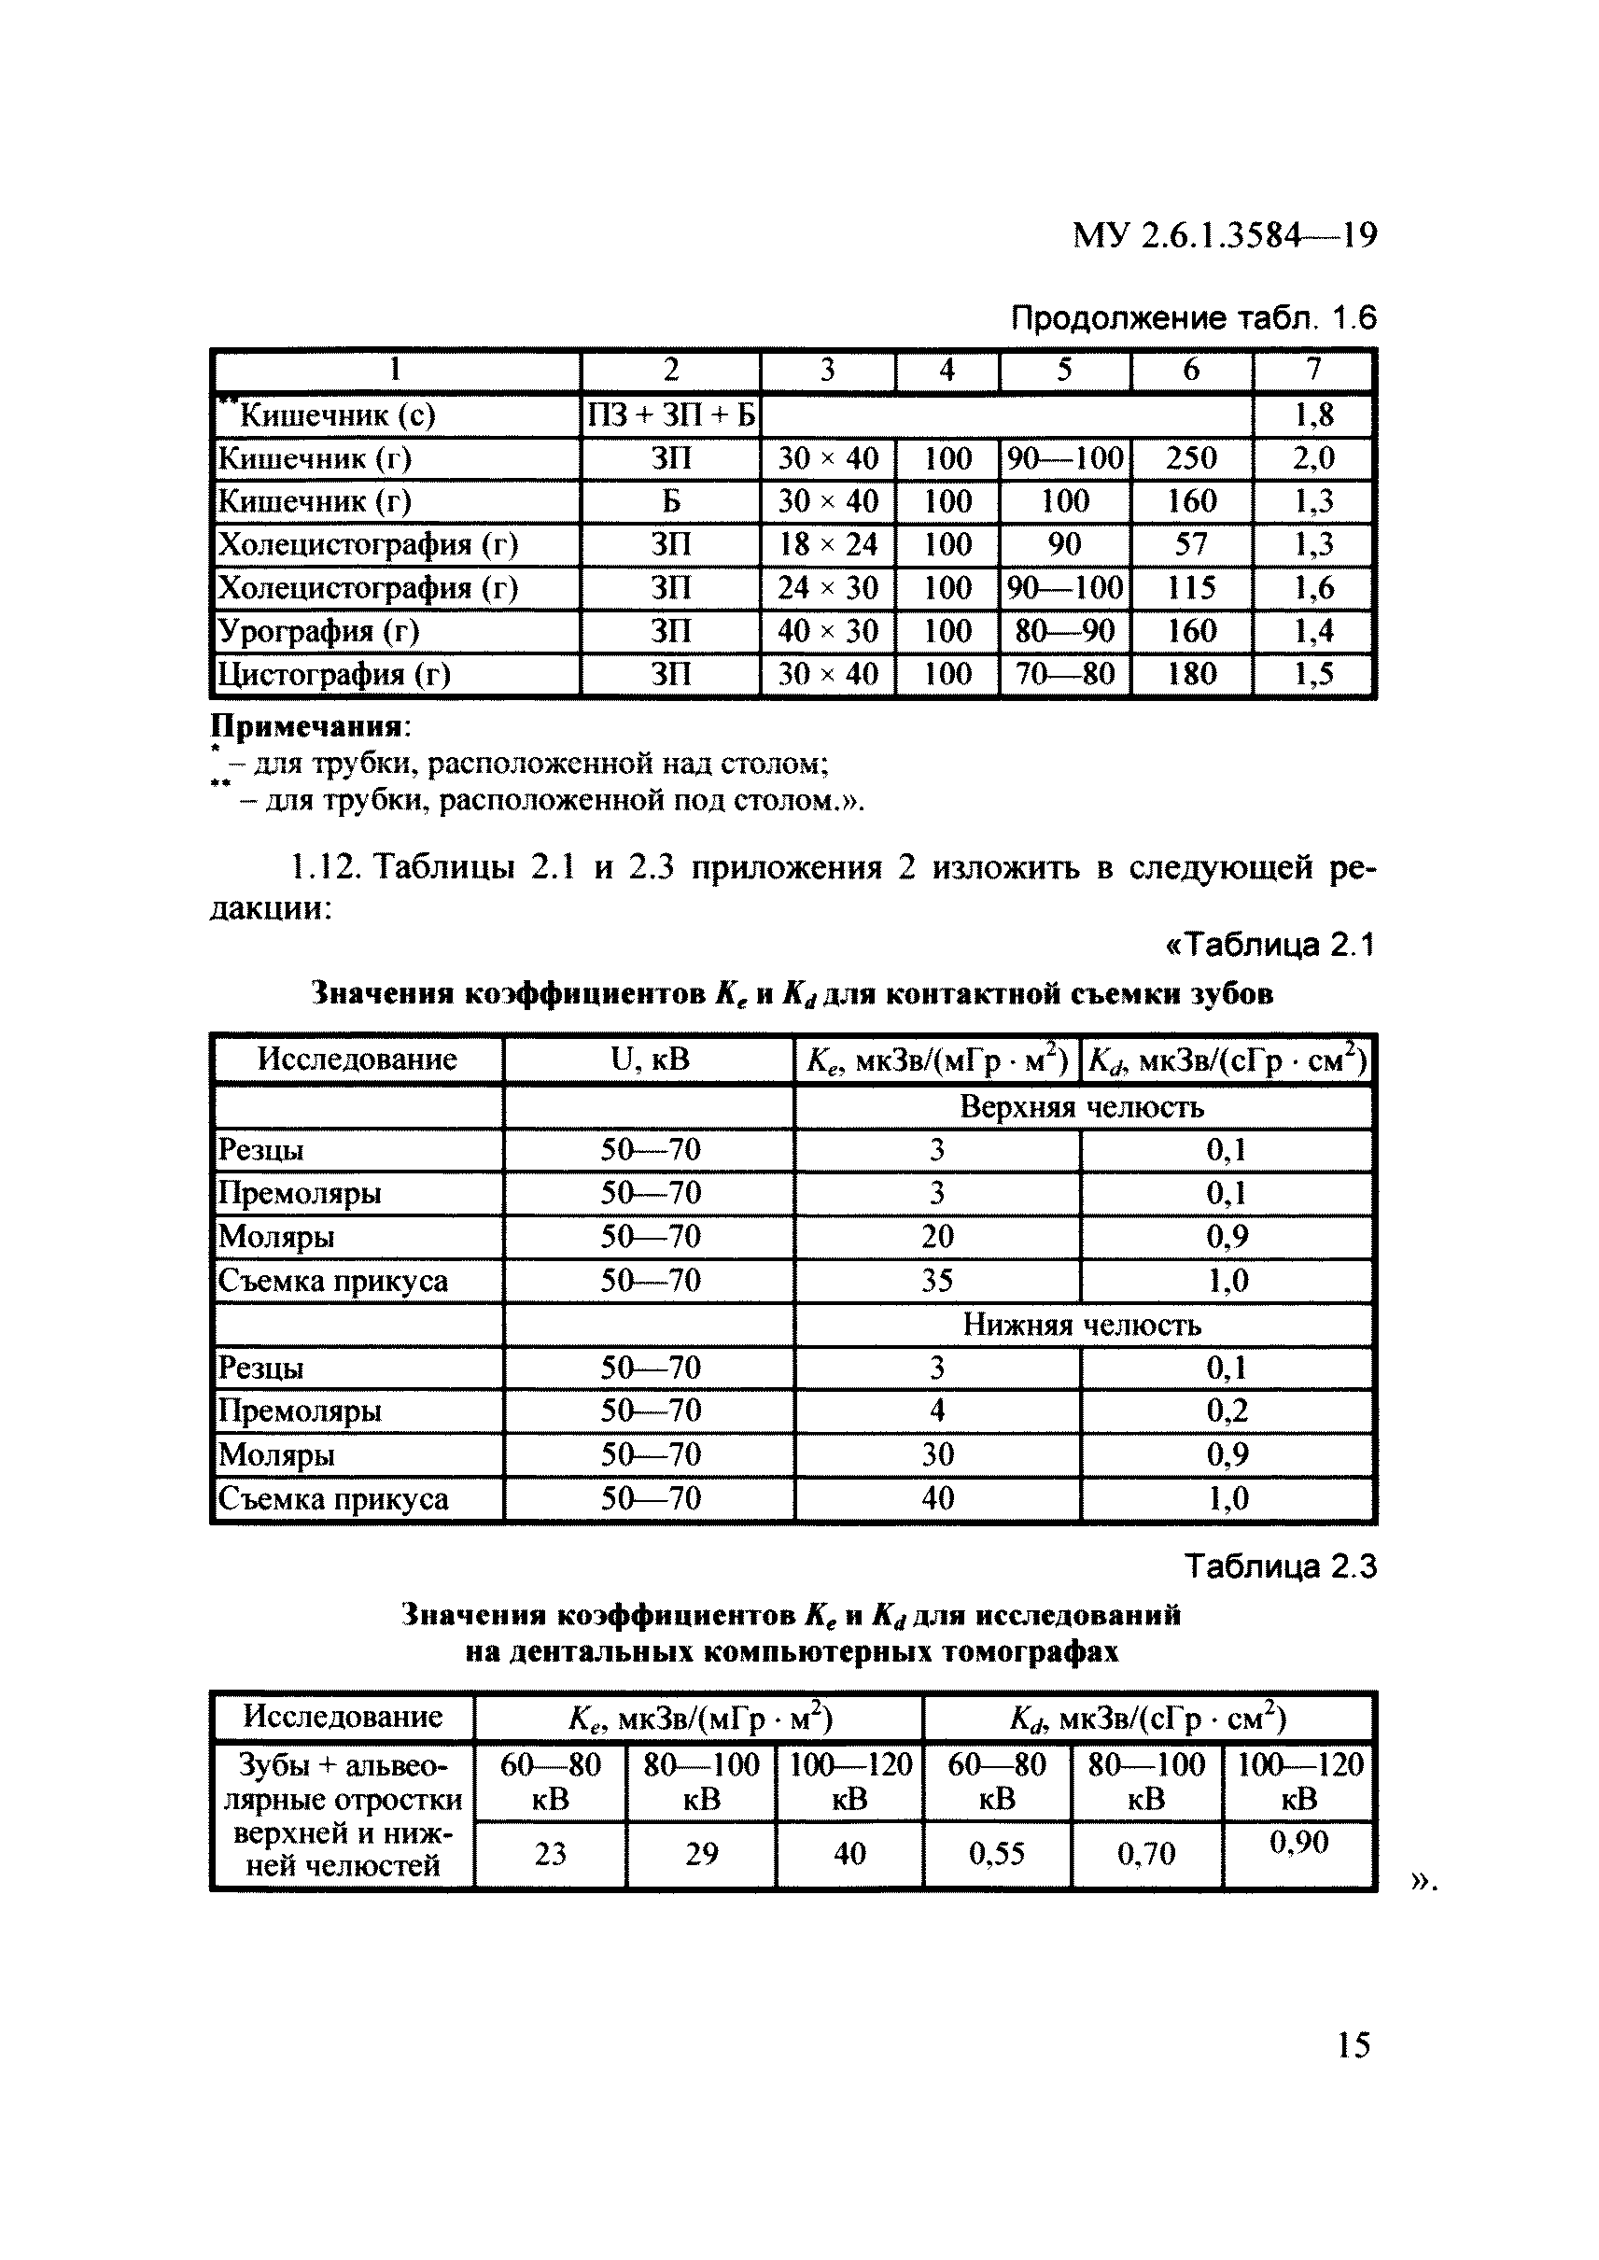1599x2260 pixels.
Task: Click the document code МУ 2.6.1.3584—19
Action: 1223,235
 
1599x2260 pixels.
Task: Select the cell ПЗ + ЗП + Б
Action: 670,415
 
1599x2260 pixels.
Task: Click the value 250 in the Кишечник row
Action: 1191,458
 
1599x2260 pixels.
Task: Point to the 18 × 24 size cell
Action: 827,544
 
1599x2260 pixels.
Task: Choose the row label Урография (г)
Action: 318,631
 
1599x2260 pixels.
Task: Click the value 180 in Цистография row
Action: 1191,675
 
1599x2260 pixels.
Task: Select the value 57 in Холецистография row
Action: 1191,544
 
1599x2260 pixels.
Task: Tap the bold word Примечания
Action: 308,727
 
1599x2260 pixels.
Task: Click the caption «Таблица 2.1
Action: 1269,945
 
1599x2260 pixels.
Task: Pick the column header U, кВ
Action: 650,1060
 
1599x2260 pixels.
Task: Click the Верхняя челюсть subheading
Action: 1081,1107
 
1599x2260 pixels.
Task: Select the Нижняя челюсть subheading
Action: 1081,1325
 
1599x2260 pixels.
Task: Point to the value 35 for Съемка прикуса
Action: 936,1280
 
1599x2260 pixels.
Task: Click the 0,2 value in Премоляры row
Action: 1227,1411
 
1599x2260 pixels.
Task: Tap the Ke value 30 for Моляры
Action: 936,1454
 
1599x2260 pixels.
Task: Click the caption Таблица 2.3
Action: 1279,1566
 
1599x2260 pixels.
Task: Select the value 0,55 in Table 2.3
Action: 996,1854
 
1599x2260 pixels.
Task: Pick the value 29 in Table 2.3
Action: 701,1854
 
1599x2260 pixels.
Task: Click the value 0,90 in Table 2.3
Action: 1297,1843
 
